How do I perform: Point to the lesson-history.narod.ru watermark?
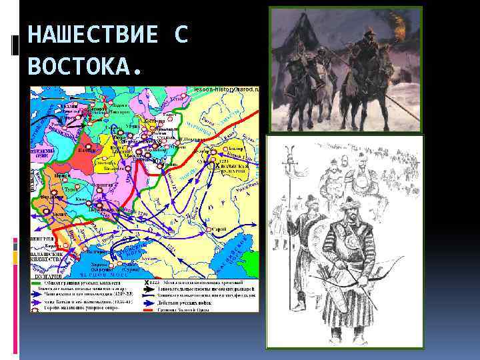226,89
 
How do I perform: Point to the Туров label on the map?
71,189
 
